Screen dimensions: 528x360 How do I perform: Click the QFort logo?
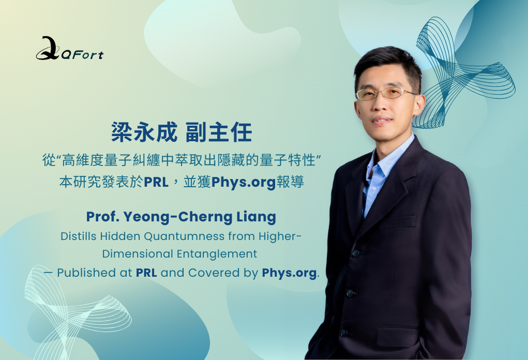click(x=70, y=49)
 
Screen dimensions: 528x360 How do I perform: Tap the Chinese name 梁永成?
click(x=144, y=132)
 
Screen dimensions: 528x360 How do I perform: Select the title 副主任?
click(x=219, y=132)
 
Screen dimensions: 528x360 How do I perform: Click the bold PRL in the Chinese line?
click(x=156, y=182)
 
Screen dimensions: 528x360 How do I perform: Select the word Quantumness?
click(x=184, y=236)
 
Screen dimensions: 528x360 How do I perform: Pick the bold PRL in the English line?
click(x=146, y=273)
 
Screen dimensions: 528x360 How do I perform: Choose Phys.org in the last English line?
click(x=289, y=273)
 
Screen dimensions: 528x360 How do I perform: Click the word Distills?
click(x=79, y=236)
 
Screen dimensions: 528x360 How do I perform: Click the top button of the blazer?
click(x=355, y=252)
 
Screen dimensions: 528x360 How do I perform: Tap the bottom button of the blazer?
click(x=343, y=333)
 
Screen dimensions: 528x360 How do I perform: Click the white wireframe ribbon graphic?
click(x=78, y=311)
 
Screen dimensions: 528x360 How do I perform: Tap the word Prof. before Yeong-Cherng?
click(x=103, y=217)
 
